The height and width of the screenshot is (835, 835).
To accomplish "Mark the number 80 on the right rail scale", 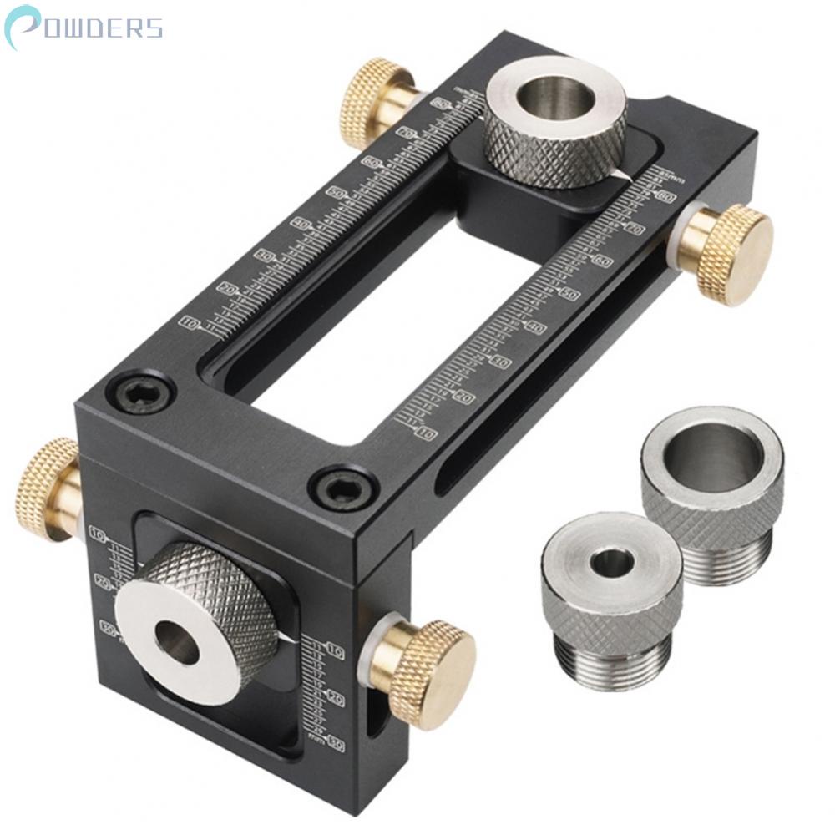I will [665, 197].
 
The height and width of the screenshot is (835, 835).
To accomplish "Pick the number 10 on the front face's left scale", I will [99, 534].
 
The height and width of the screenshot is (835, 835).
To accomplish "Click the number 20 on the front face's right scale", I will [337, 696].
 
